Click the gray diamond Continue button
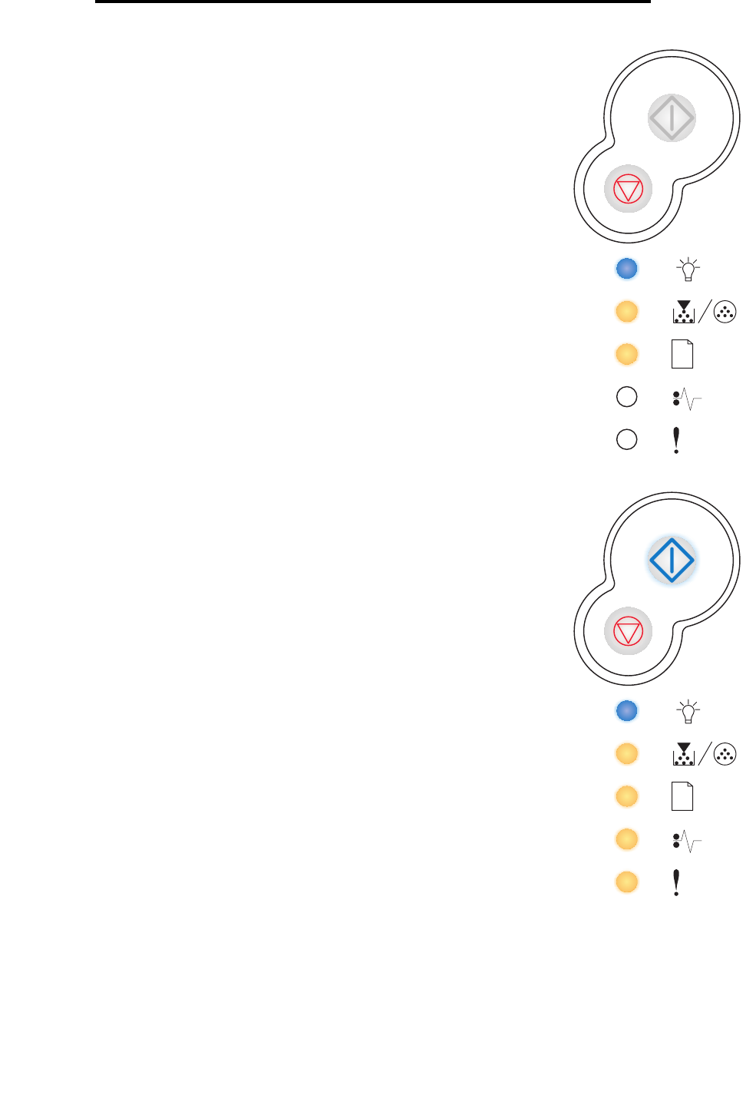pyautogui.click(x=672, y=118)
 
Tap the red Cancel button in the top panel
pyautogui.click(x=629, y=189)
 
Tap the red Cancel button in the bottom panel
pyautogui.click(x=629, y=631)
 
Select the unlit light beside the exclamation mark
pyautogui.click(x=627, y=439)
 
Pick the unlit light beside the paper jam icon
pyautogui.click(x=627, y=397)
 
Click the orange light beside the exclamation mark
pyautogui.click(x=627, y=881)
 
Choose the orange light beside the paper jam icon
pyautogui.click(x=627, y=839)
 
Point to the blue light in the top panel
pyautogui.click(x=627, y=269)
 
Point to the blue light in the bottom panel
pyautogui.click(x=627, y=711)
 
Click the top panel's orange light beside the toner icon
pyautogui.click(x=627, y=312)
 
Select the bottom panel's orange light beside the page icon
pyautogui.click(x=627, y=796)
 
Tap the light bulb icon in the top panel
pyautogui.click(x=688, y=269)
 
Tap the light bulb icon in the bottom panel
pyautogui.click(x=688, y=711)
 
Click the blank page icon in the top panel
pyautogui.click(x=682, y=354)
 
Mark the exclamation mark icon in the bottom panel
pyautogui.click(x=676, y=882)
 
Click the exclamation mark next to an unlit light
pyautogui.click(x=676, y=440)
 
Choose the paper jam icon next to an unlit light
pyautogui.click(x=686, y=399)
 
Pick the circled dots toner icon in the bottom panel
pyautogui.click(x=725, y=754)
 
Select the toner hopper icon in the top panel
pyautogui.click(x=683, y=312)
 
